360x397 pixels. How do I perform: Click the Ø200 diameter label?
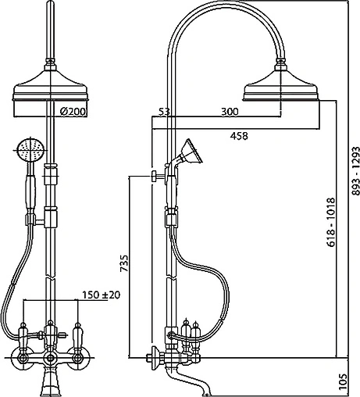(73, 112)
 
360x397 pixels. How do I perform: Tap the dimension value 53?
(164, 112)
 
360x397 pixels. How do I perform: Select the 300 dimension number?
(230, 112)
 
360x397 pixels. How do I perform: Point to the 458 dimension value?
(239, 136)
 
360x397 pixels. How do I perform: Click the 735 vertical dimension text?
(124, 263)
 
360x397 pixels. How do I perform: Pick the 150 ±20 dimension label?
(102, 295)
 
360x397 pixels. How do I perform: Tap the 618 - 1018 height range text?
(331, 222)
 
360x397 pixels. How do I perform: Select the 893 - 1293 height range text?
(355, 170)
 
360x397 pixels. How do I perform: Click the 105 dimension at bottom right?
(344, 382)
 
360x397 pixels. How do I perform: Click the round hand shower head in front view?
(30, 149)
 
